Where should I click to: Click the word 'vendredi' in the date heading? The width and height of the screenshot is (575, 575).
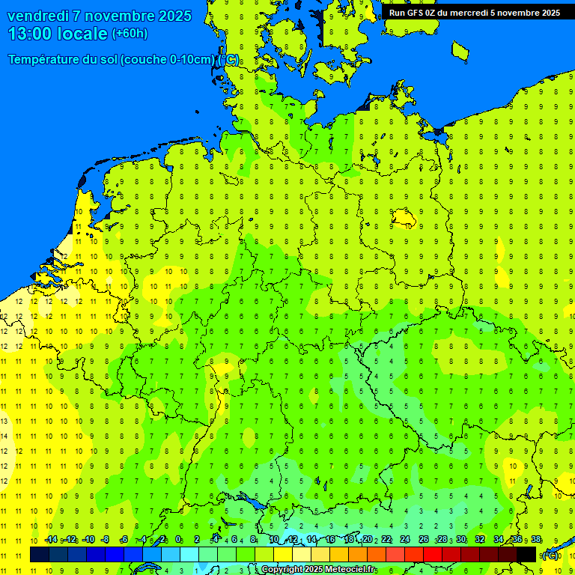37,16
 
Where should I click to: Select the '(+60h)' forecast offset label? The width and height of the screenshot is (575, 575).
130,34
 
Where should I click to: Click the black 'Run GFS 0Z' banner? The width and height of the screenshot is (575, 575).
474,12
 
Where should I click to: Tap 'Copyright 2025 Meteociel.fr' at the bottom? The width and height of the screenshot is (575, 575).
319,570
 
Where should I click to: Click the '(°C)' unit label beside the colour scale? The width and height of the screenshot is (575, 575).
550,556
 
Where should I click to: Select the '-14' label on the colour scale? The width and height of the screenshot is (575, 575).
51,540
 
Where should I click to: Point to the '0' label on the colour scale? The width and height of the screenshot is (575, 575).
178,540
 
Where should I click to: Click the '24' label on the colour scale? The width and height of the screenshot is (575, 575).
405,540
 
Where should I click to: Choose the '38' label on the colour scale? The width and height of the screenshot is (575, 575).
536,540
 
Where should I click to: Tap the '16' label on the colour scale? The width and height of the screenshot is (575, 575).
329,540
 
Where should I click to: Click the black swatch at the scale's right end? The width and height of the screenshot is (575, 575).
526,555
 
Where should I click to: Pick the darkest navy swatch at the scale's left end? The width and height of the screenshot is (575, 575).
39,555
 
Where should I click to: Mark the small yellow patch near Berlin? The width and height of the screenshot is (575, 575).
404,218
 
